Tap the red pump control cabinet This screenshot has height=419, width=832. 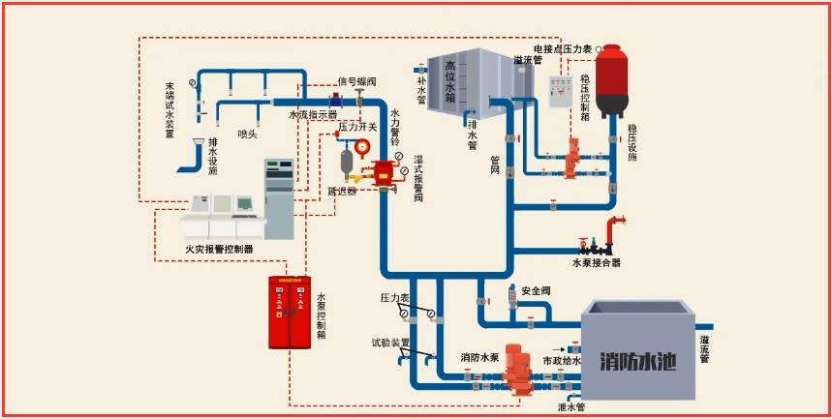pos(290,312)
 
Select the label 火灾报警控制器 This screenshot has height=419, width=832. pos(219,249)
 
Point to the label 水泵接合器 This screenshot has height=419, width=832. pos(596,262)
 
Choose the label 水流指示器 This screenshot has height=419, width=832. pos(313,114)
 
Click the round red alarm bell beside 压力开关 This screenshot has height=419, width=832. pos(362,147)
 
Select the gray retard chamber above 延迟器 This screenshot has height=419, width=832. pos(345,162)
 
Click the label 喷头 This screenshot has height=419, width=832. pos(247,134)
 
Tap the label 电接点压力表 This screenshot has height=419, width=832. pos(563,48)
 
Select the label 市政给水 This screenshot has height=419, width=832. pos(563,360)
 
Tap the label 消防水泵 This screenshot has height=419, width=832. pos(479,358)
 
